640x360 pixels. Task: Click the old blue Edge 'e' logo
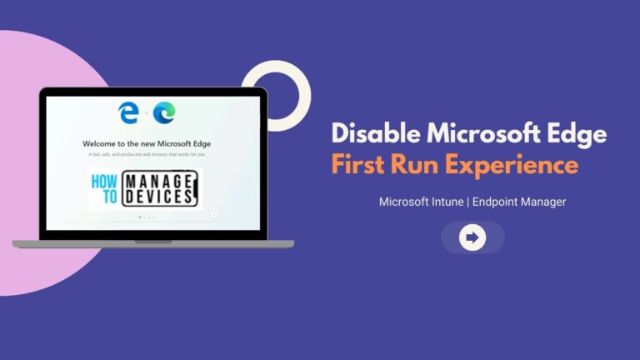pos(128,112)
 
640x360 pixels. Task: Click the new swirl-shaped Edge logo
pos(164,112)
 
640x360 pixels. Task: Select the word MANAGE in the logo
pos(161,180)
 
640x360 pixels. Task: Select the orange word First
pos(361,164)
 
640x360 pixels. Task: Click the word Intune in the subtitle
pos(445,202)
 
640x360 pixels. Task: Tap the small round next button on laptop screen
pos(214,215)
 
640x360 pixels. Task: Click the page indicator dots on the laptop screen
pos(146,217)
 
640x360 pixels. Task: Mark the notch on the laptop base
pos(152,242)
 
